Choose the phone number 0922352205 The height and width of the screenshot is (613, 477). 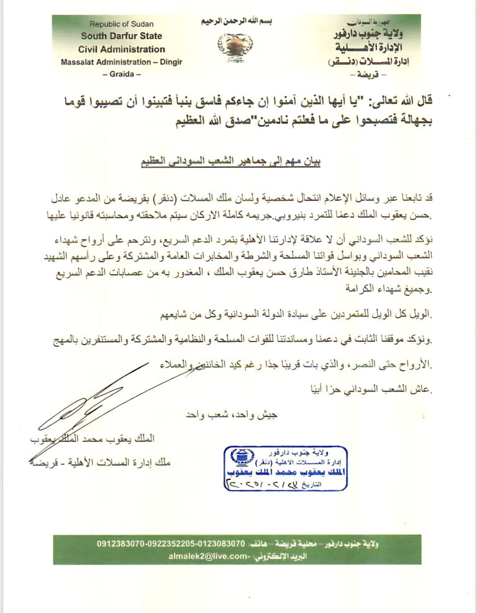[x=176, y=543]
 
